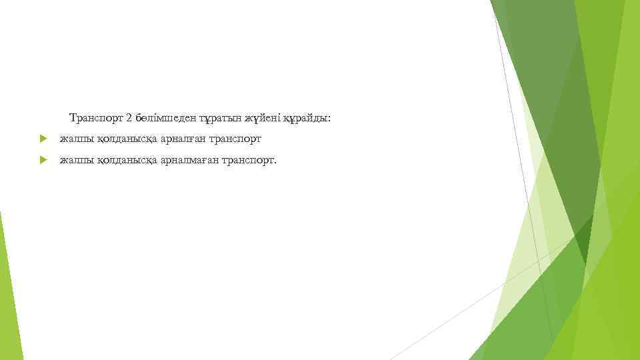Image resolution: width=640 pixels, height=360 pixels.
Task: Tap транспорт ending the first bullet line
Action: (x=235, y=139)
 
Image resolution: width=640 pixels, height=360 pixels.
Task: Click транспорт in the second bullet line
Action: (x=247, y=160)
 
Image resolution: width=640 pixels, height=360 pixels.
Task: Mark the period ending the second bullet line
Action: (x=273, y=162)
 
